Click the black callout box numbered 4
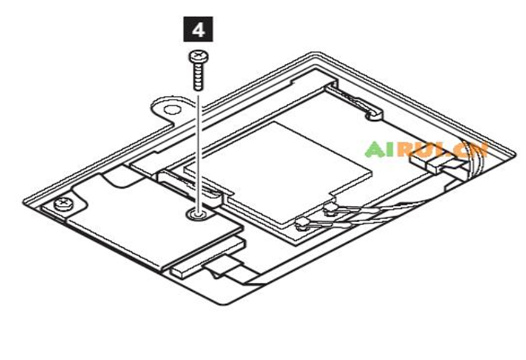coord(198,29)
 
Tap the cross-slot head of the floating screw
coord(198,56)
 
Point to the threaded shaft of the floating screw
coord(198,76)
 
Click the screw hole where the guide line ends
coord(199,214)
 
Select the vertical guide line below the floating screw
coord(198,154)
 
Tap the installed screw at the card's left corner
coord(63,204)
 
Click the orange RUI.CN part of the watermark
coord(442,150)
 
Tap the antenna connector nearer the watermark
coord(331,209)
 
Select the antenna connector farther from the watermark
coord(303,223)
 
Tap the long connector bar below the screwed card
coord(208,257)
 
